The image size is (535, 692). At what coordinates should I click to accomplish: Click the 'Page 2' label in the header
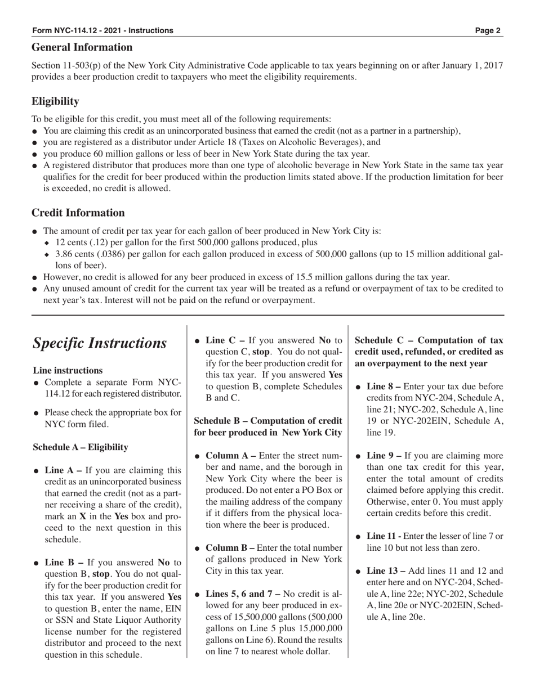488,30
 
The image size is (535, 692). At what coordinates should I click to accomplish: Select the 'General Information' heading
82,47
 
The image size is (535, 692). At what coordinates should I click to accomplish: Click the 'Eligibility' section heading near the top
55,101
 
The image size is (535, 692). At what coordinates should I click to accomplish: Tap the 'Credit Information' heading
78,213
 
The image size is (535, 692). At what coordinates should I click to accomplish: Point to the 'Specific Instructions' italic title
100,343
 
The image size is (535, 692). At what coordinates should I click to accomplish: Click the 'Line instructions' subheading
68,370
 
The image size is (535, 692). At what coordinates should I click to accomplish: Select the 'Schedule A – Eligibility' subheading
80,447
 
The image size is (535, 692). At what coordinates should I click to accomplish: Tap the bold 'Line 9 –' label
384,455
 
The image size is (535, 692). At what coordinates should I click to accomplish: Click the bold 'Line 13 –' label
386,570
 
